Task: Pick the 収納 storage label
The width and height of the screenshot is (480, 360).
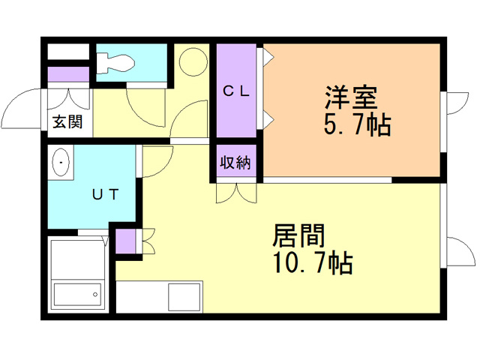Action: click(x=235, y=162)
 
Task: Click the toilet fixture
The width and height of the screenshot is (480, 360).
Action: click(x=116, y=61)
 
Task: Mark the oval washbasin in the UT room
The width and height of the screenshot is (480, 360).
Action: click(x=60, y=162)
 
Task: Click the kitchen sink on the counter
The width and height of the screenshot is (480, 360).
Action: click(x=185, y=296)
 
